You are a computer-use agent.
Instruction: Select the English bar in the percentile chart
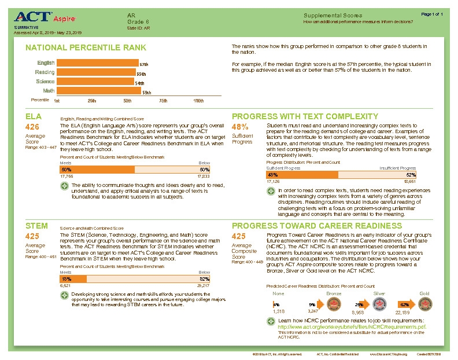click(97, 63)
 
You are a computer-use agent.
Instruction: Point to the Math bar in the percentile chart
click(98, 91)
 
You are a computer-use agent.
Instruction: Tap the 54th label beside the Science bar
click(139, 83)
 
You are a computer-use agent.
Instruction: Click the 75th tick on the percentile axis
click(163, 100)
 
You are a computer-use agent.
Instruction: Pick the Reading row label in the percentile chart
click(45, 72)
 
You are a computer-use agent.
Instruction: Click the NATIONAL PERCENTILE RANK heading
click(86, 47)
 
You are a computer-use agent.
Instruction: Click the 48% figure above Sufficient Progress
click(239, 127)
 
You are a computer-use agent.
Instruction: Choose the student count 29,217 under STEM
click(203, 285)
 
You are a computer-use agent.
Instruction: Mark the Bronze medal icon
click(334, 304)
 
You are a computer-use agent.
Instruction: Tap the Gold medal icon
click(425, 304)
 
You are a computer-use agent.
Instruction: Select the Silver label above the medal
click(379, 293)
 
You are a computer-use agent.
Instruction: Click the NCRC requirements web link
click(353, 326)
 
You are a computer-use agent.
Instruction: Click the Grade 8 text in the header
click(135, 21)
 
